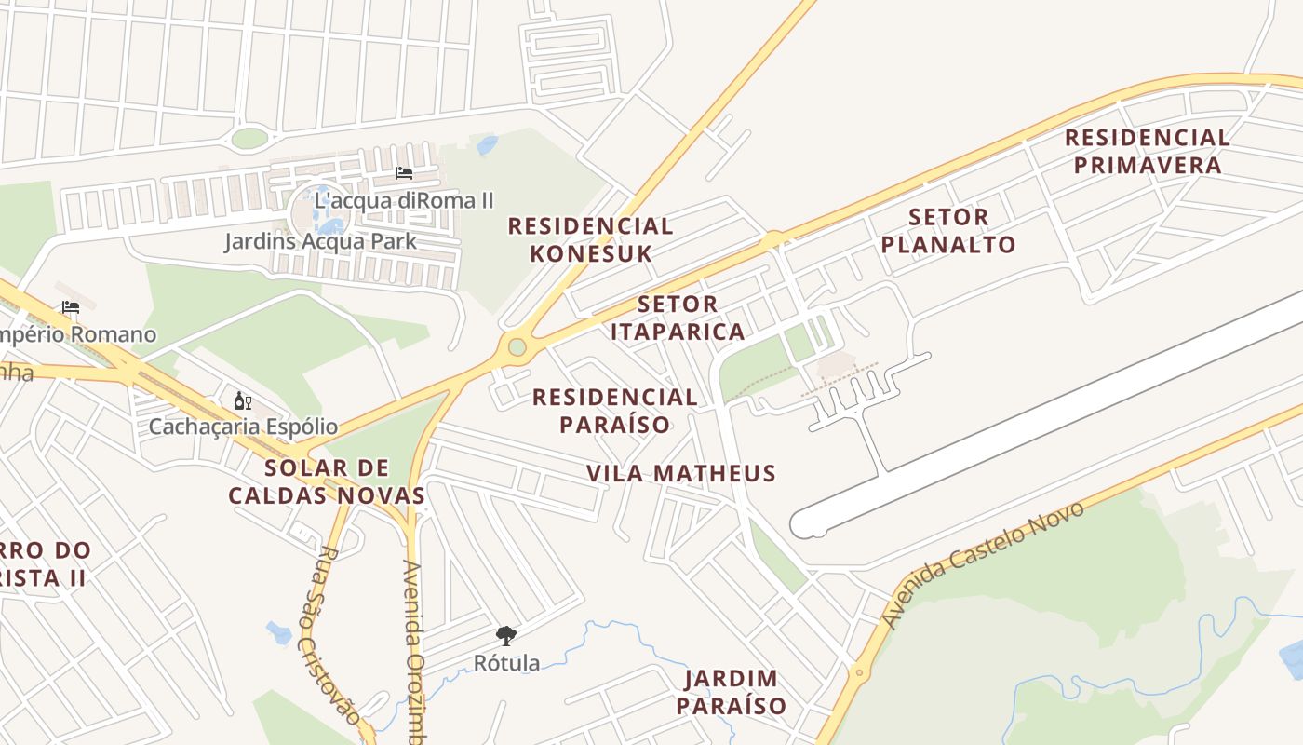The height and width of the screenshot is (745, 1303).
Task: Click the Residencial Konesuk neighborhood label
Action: pos(590,239)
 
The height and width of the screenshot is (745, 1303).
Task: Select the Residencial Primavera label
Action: pos(1147,152)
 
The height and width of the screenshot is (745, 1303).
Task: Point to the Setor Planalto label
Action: pos(947,231)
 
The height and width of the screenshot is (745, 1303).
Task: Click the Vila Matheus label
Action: pos(681,473)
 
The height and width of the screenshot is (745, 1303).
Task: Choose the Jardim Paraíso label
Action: pos(731,692)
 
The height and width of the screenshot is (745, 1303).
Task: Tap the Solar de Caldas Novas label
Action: pos(327,481)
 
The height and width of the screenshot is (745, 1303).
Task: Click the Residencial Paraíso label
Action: pos(614,411)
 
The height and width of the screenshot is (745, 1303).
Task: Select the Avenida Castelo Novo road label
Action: pos(983,562)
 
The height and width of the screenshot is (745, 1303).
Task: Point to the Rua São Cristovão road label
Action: pos(329,633)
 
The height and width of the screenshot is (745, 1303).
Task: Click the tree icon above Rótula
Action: pos(506,636)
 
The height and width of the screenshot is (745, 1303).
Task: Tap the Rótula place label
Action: pos(506,663)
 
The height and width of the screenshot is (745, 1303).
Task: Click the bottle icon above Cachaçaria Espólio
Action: pos(242,401)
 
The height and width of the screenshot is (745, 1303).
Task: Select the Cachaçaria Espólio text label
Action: pos(244,427)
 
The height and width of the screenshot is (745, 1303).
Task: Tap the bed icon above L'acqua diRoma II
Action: pos(404,173)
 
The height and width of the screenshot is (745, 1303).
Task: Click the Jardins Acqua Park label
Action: pos(320,242)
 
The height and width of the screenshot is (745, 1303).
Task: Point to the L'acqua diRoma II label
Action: pos(404,200)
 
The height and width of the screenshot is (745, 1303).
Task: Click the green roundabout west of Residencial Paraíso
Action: pos(517,347)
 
